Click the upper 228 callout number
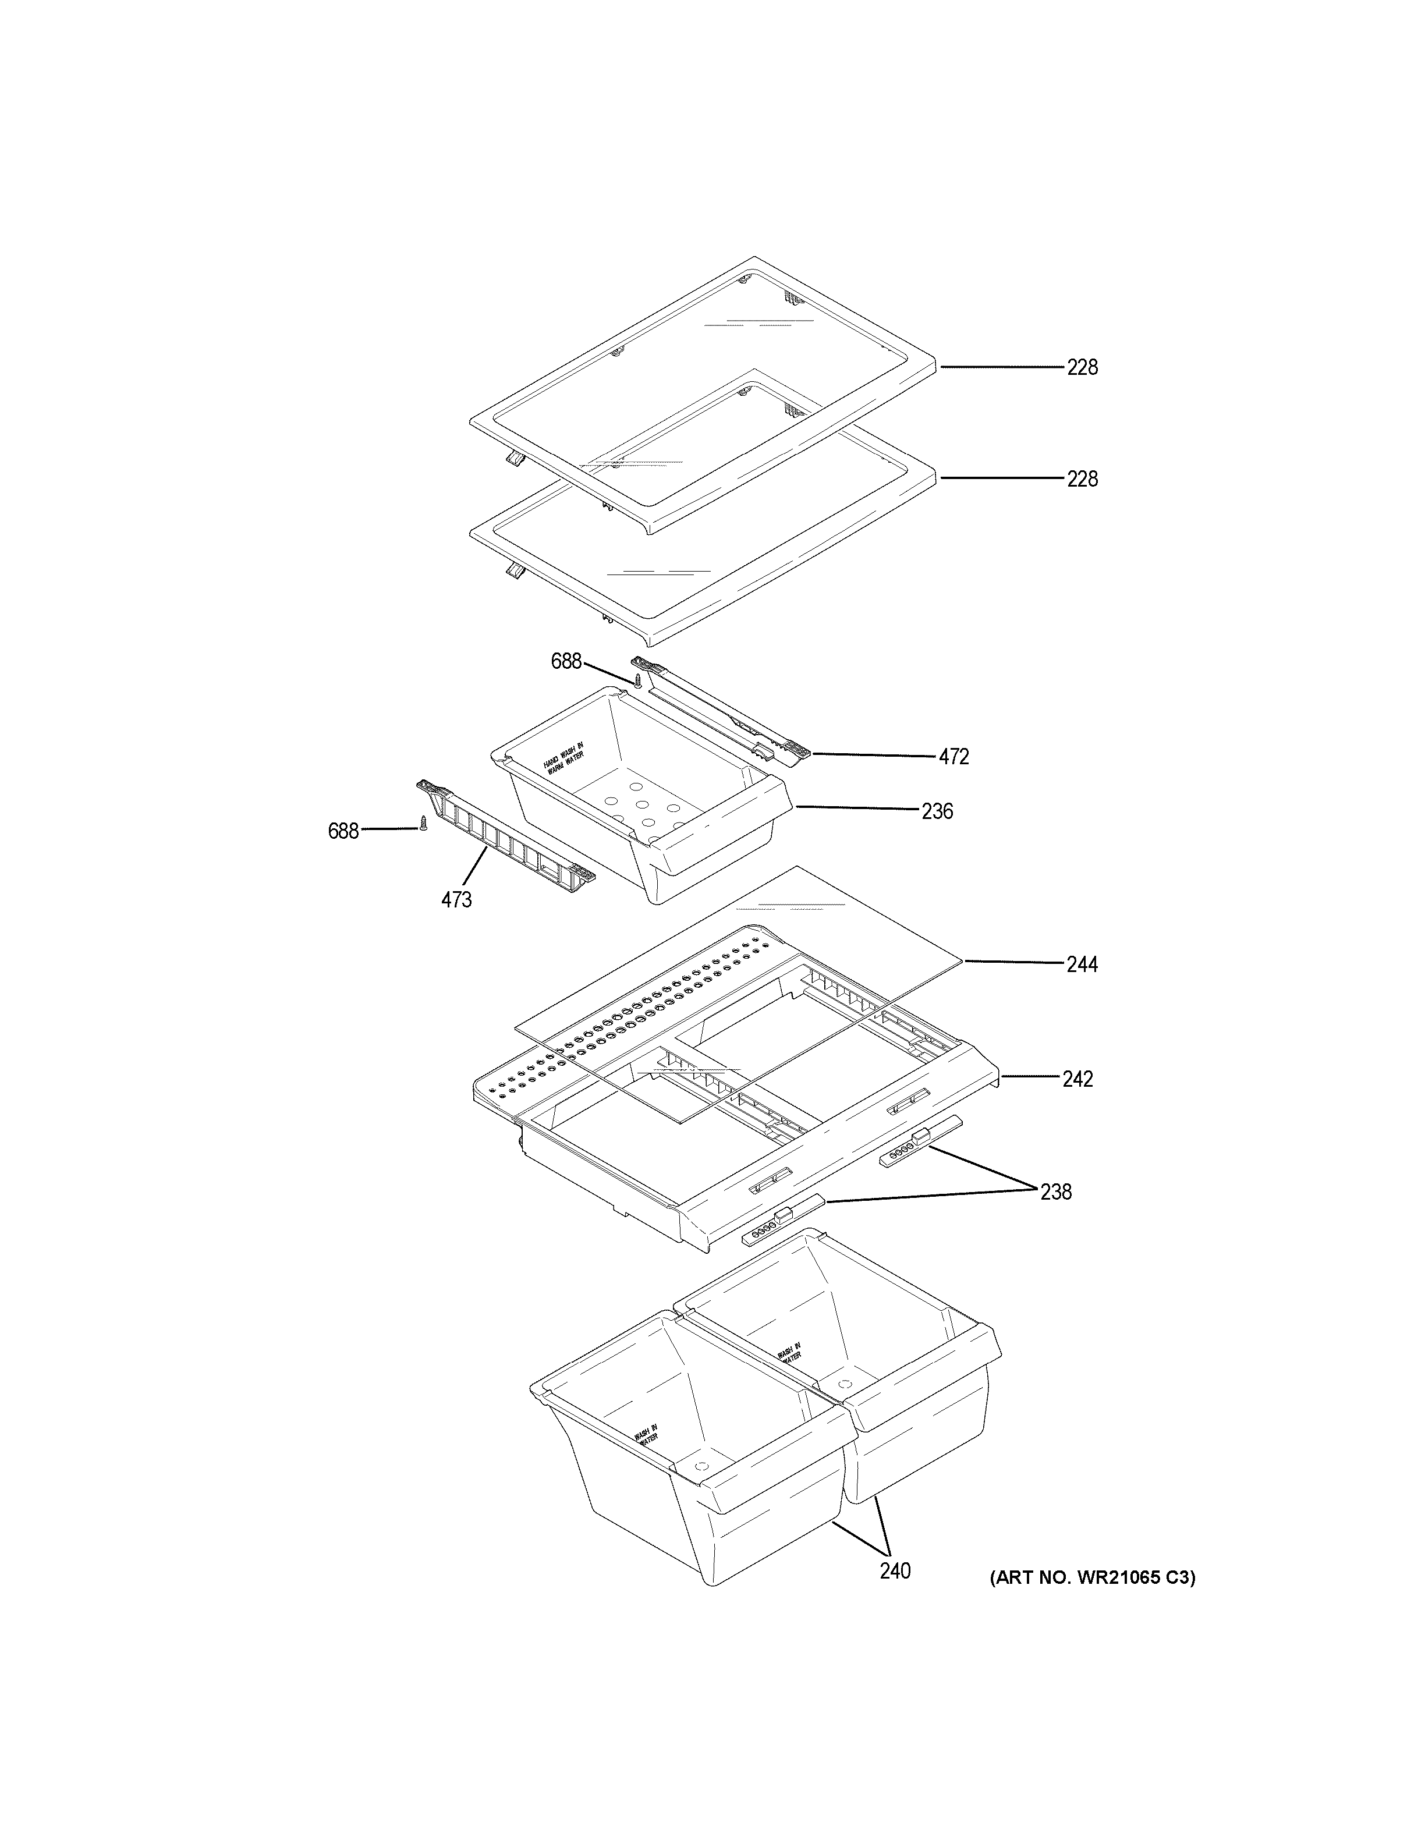coord(1082,367)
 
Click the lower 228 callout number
coord(1082,478)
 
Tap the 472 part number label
coord(954,757)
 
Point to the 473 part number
coord(456,900)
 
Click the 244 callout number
coord(1082,964)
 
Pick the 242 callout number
coord(1077,1079)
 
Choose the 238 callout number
coord(1055,1192)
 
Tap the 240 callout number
coord(895,1571)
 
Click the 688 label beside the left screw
coord(343,831)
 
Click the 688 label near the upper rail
coord(566,661)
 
